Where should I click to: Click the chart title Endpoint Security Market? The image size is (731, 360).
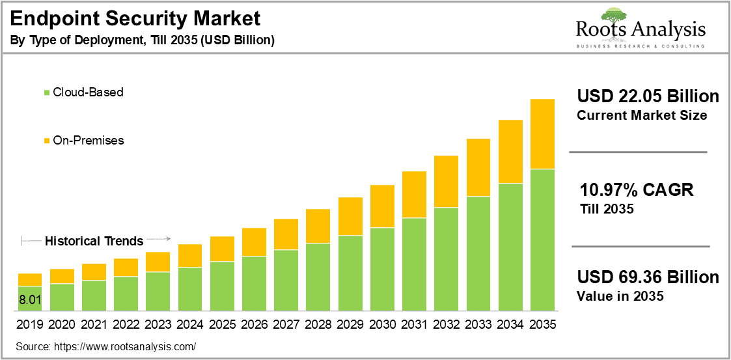coord(135,18)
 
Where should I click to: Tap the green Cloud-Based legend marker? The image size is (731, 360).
coord(46,92)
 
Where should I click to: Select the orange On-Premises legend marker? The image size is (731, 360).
coord(46,141)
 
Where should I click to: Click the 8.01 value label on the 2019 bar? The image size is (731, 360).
coord(30,300)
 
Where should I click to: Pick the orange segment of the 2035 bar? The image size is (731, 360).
coord(542,134)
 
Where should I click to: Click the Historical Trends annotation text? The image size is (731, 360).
coord(94,241)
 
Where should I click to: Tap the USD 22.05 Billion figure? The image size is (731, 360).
coord(648,97)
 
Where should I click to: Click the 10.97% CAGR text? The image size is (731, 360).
coord(637,190)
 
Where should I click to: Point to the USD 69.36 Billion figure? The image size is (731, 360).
coord(648,277)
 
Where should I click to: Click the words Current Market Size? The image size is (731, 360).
coord(642,116)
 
